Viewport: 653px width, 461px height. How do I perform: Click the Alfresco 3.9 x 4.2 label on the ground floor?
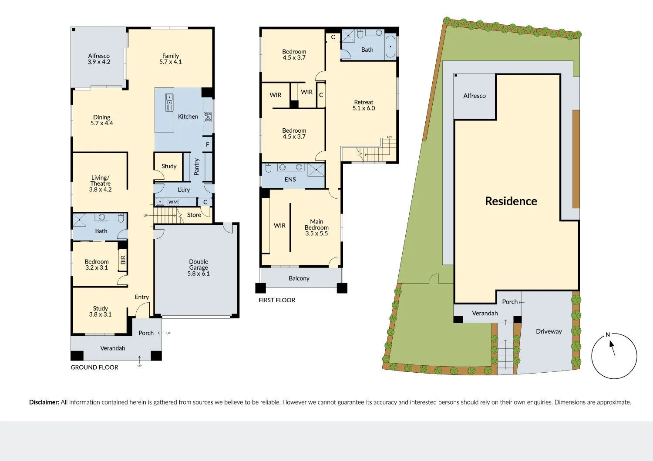(99, 59)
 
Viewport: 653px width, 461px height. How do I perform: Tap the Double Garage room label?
(199, 267)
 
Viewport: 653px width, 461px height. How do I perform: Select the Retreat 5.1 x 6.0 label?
(364, 105)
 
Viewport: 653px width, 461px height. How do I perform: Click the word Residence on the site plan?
(511, 201)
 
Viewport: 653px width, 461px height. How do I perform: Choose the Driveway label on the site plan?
(549, 331)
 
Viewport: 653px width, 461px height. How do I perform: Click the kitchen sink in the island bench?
(169, 102)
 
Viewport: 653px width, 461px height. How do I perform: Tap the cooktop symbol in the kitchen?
(208, 117)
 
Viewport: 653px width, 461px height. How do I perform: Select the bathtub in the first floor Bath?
(390, 46)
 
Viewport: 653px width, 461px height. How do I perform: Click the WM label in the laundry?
(173, 202)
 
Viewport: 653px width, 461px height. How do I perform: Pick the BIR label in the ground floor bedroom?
(123, 260)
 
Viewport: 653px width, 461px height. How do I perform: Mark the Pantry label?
(197, 167)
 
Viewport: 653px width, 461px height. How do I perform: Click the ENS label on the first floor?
(290, 179)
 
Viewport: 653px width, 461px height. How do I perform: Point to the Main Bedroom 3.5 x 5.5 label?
(316, 227)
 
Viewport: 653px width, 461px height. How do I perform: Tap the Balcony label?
(299, 278)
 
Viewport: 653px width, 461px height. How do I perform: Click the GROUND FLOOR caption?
(94, 367)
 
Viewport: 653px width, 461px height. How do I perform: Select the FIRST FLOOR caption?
(277, 300)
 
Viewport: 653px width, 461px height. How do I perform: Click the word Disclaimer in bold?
(44, 402)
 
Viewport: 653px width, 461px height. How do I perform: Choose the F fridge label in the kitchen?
(208, 145)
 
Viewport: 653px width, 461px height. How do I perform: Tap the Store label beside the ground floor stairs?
(194, 215)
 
